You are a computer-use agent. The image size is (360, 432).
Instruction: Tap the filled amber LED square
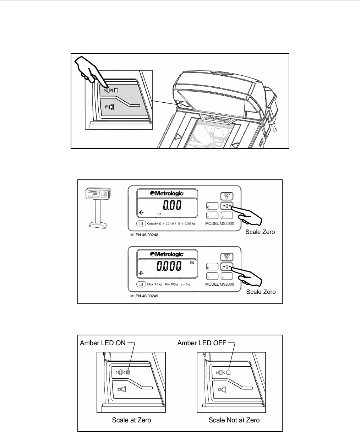(x=129, y=372)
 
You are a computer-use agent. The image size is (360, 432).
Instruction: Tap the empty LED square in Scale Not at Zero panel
(x=229, y=372)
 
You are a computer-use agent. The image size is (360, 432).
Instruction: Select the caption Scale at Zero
(x=131, y=420)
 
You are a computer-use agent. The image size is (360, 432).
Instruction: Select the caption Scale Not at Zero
(x=234, y=420)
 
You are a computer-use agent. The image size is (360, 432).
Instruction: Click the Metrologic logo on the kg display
(x=167, y=254)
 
